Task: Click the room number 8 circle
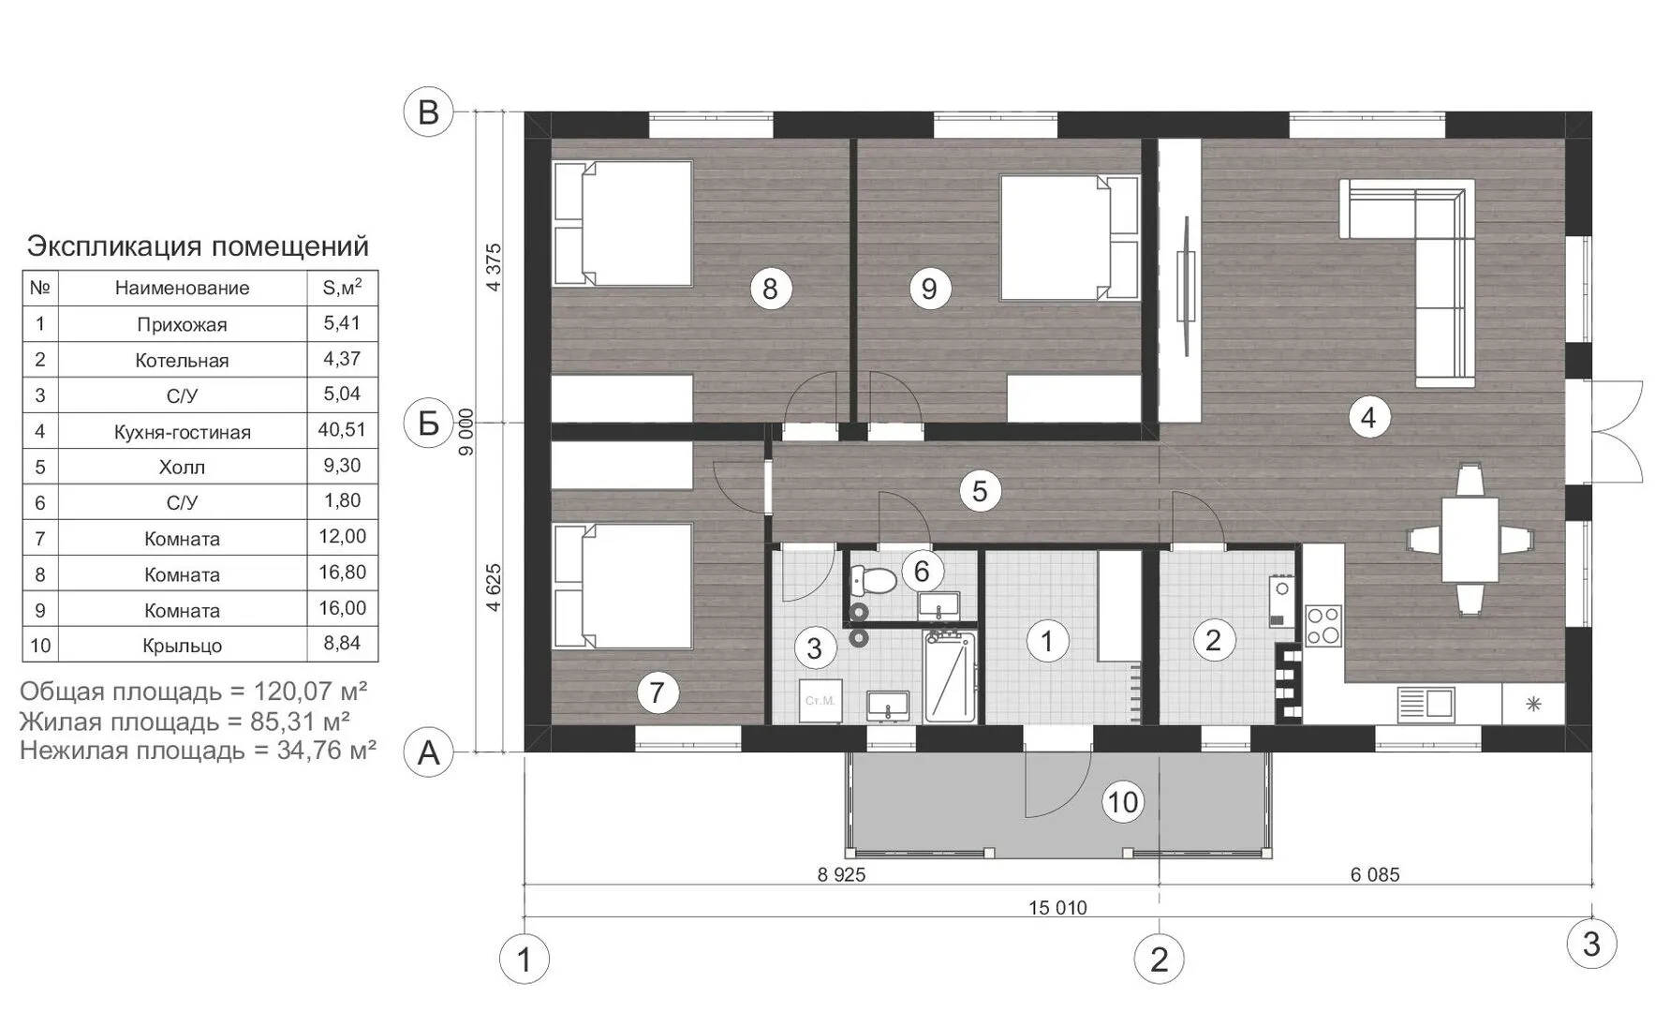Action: coord(770,288)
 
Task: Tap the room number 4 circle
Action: coord(1368,417)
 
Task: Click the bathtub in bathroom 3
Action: coord(951,677)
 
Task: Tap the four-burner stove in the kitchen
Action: coord(1323,626)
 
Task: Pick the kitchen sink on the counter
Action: coord(1425,704)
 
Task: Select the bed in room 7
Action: coord(623,586)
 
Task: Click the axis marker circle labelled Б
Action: coord(428,424)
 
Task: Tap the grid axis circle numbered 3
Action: coord(1591,944)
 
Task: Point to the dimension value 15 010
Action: coord(1057,907)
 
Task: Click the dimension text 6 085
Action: coord(1375,874)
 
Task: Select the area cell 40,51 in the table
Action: coord(342,430)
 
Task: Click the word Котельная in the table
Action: coord(182,361)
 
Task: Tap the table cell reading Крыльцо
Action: coord(182,646)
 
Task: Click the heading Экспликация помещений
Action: coord(198,246)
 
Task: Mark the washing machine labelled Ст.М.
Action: coord(820,700)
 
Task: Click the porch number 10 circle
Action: coord(1122,802)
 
